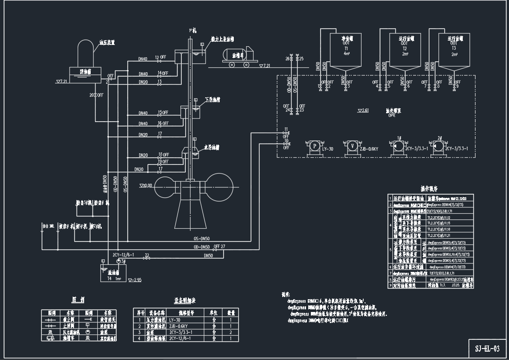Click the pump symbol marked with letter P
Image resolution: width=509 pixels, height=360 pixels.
tap(314, 145)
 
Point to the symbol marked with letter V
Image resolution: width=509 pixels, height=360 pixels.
tap(352, 145)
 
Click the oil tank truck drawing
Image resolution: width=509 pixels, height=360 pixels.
tap(240, 56)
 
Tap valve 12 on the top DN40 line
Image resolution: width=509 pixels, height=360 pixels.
tap(159, 59)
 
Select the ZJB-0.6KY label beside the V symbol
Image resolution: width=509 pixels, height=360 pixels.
tap(369, 149)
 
